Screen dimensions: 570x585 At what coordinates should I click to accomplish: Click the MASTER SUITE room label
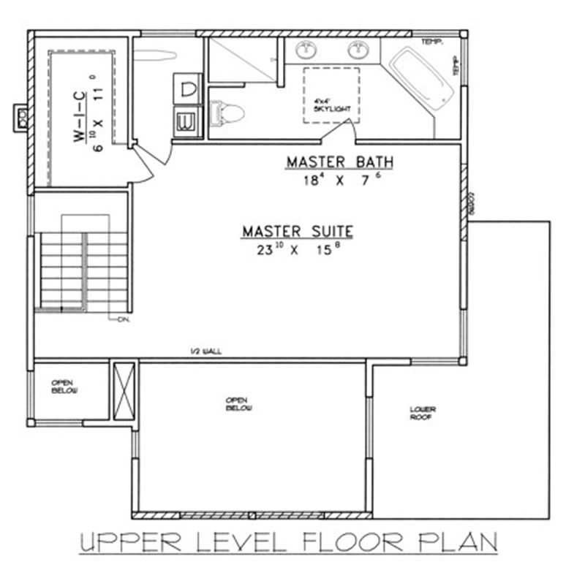click(x=298, y=232)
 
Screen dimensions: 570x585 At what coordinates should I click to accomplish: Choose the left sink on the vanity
click(x=306, y=50)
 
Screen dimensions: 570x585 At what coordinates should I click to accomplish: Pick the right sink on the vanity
click(x=358, y=50)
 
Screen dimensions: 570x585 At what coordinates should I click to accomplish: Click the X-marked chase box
click(x=123, y=392)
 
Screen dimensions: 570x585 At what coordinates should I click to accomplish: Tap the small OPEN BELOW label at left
click(x=64, y=387)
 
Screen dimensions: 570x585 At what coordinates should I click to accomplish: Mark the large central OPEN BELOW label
click(x=238, y=404)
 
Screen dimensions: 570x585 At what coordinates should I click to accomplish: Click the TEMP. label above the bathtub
click(x=431, y=42)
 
